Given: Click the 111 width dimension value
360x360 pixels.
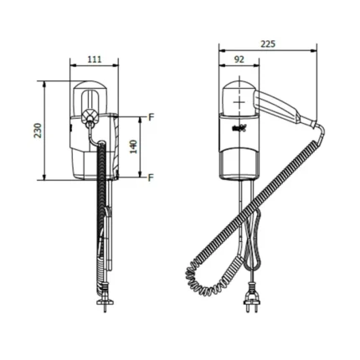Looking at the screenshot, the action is tap(95, 59).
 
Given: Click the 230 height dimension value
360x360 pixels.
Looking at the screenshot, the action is tap(38, 131).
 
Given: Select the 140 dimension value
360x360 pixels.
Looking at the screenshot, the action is tap(134, 147).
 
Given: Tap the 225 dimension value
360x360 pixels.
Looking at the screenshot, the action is tap(268, 44).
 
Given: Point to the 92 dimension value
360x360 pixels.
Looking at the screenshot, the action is tap(239, 59).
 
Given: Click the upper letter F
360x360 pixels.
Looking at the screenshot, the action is tap(151, 117).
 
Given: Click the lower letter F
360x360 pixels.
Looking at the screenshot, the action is tap(151, 177).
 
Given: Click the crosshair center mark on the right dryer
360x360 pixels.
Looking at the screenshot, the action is tap(239, 102).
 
